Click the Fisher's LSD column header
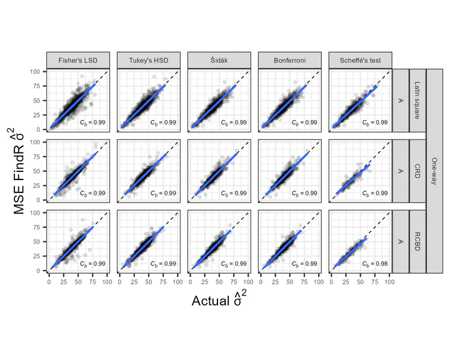78,60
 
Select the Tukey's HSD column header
148,60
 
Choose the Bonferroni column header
289,60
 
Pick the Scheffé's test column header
359,60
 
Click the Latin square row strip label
417,100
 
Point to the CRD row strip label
417,171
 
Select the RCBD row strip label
417,241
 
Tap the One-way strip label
434,171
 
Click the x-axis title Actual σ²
219,299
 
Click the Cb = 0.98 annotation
374,264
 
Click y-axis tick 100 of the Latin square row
36,71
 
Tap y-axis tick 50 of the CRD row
37,171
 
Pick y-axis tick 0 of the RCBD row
39,270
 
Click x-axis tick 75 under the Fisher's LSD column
92,282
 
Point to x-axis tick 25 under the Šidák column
204,282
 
